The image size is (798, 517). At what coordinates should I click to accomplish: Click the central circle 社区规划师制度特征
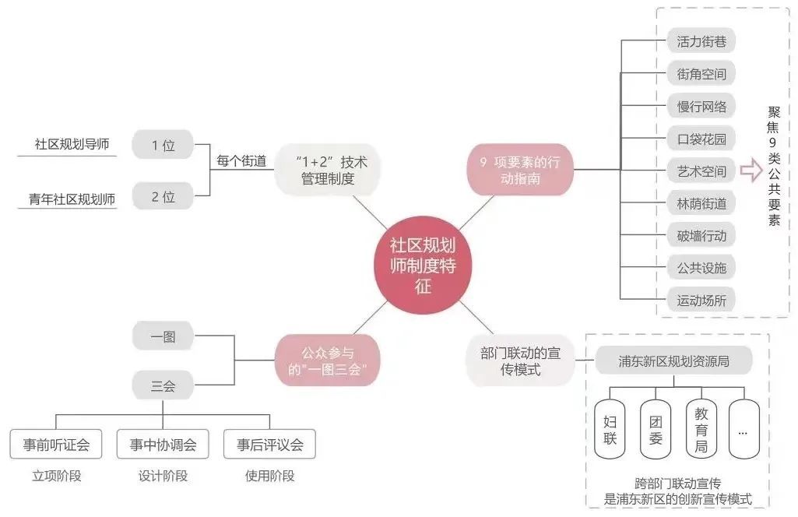[x=423, y=266]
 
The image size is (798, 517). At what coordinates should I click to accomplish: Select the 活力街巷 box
[x=701, y=41]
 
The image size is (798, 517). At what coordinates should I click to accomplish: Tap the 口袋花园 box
[x=701, y=139]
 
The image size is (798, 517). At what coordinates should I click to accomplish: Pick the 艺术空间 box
[x=701, y=171]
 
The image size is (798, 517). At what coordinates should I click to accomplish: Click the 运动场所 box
[x=701, y=300]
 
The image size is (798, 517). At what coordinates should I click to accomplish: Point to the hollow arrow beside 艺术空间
[x=751, y=171]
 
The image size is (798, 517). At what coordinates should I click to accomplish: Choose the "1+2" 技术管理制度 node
[x=326, y=170]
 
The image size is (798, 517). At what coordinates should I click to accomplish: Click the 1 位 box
[x=163, y=145]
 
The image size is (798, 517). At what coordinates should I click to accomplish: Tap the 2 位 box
[x=163, y=196]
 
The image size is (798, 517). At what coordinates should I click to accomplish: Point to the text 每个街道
[x=241, y=162]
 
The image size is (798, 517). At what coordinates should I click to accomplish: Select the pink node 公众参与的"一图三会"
[x=328, y=360]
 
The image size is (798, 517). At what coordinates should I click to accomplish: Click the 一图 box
[x=163, y=336]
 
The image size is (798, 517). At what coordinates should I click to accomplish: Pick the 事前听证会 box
[x=56, y=445]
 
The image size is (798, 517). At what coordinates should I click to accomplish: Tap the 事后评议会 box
[x=269, y=445]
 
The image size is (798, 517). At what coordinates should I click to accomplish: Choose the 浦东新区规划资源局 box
[x=674, y=360]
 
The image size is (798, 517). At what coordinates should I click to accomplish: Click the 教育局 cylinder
[x=701, y=429]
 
